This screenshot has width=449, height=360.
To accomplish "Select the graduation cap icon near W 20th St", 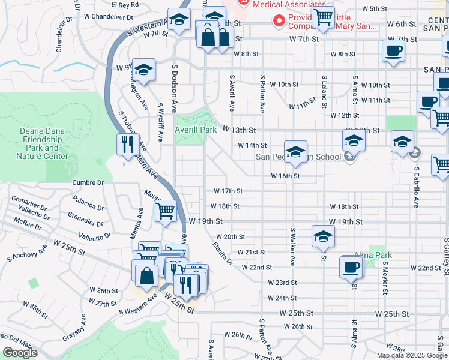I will click(x=323, y=236).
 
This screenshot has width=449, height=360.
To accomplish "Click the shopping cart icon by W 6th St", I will click(x=323, y=17).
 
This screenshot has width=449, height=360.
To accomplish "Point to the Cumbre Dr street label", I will click(x=88, y=182).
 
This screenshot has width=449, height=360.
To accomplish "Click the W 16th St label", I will click(x=285, y=176).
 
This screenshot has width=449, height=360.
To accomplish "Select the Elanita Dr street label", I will click(x=222, y=253).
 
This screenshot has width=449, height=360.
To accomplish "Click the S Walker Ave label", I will click(x=293, y=247).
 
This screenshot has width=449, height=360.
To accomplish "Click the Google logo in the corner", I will click(x=20, y=352).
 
